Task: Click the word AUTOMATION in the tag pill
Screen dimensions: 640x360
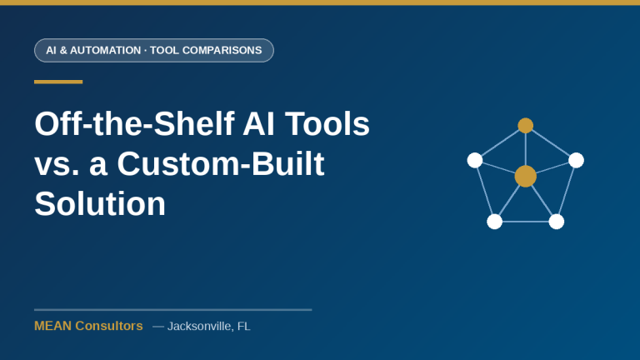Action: [105, 50]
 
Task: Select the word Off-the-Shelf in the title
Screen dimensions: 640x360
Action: [134, 123]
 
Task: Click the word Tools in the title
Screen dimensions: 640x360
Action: [327, 123]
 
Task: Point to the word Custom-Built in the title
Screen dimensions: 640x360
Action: [220, 163]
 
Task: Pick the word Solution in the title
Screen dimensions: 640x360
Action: [100, 203]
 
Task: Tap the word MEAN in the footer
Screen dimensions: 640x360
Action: [53, 326]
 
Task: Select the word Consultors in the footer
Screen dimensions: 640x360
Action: [109, 326]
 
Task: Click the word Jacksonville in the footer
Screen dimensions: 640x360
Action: [200, 326]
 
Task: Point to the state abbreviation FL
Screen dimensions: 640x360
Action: [243, 326]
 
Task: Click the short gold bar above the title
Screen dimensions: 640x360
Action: [58, 82]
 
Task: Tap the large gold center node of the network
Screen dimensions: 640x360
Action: [525, 177]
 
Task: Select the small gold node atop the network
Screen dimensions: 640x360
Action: [525, 125]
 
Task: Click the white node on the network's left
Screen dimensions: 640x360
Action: [475, 160]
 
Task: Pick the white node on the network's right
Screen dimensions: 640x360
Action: [576, 160]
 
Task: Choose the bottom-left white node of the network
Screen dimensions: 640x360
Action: [494, 222]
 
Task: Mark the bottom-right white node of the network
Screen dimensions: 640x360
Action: [557, 222]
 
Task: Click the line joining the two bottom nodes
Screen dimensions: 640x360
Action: [525, 222]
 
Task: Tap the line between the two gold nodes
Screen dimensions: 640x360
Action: [525, 149]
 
